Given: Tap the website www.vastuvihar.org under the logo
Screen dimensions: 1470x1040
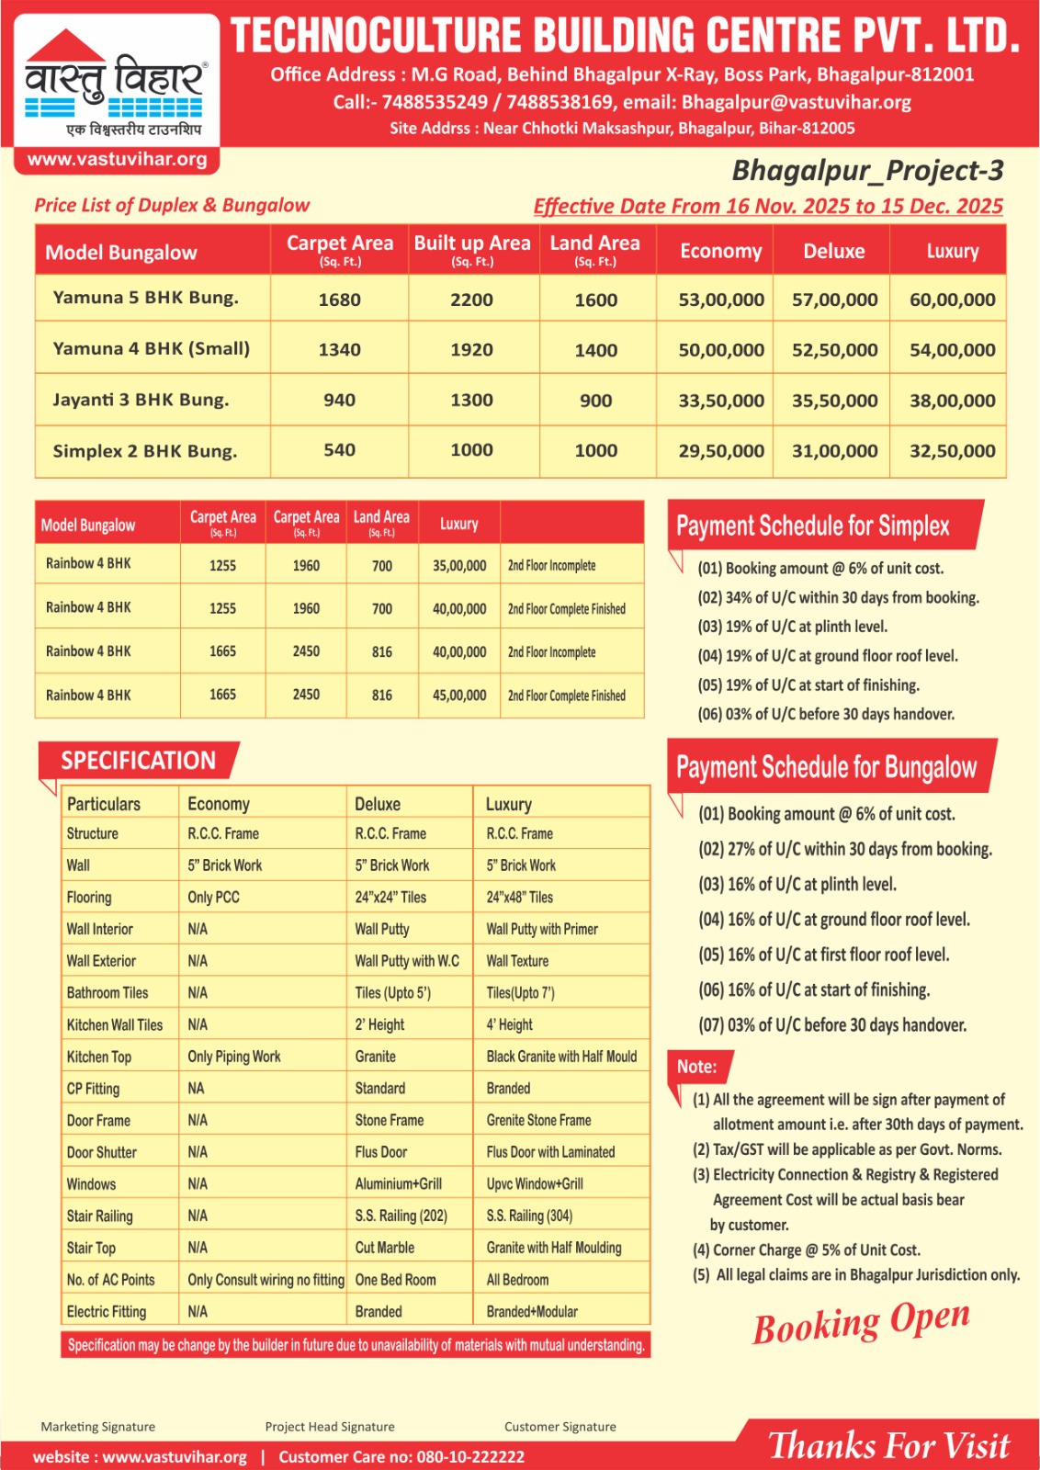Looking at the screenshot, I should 117,159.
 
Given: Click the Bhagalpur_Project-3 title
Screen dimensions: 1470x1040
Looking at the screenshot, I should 866,171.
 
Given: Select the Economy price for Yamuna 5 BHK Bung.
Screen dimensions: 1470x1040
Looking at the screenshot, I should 720,300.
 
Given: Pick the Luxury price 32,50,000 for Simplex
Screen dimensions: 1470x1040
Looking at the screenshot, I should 952,451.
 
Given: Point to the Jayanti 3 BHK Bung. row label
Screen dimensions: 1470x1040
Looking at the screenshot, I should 141,400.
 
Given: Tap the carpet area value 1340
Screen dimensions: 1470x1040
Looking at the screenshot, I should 339,349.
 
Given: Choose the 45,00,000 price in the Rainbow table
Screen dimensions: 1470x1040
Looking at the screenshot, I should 459,695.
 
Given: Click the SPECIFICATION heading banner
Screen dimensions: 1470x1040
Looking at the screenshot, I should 139,761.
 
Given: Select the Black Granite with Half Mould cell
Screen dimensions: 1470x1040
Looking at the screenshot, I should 561,1057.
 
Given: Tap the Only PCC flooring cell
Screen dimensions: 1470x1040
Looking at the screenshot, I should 213,897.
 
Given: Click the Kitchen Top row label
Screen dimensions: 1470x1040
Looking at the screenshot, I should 99,1057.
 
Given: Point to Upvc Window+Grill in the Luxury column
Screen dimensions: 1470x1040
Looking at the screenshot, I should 535,1184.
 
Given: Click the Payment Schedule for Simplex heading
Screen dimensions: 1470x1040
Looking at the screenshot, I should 813,526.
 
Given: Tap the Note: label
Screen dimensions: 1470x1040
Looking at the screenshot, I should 696,1067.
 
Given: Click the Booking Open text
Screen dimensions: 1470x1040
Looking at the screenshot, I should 861,1321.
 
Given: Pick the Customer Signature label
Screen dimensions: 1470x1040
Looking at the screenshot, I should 560,1427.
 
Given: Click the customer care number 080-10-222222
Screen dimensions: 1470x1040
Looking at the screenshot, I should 470,1457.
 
